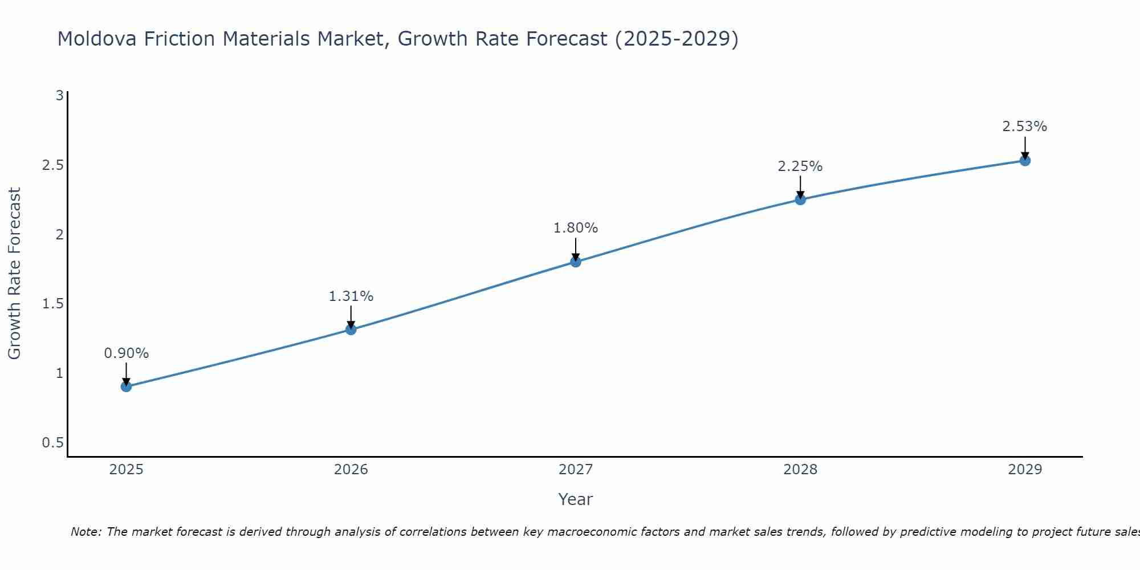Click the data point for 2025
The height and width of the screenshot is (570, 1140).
[126, 386]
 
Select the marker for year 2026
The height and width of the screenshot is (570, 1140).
[351, 329]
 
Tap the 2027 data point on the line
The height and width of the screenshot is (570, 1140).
[575, 262]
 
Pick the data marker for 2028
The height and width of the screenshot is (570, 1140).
[800, 199]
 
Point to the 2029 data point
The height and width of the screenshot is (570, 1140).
[1024, 161]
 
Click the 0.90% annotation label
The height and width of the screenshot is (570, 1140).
[126, 353]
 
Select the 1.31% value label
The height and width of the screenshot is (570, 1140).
[351, 296]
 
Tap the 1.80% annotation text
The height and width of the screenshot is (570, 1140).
[575, 228]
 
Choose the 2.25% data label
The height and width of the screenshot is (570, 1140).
[800, 166]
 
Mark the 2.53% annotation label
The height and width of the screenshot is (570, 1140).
[1024, 127]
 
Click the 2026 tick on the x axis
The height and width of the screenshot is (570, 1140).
[351, 470]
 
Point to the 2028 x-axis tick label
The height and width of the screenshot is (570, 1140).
[800, 470]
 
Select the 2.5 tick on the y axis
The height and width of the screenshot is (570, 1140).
[52, 165]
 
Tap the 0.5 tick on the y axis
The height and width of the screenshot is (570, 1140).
[52, 443]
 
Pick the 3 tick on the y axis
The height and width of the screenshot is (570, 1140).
[59, 96]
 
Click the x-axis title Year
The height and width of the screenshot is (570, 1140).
[575, 499]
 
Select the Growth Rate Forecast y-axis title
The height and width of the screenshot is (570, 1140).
[14, 274]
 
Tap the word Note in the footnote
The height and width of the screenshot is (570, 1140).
[85, 532]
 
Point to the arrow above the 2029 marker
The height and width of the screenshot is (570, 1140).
[1024, 147]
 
